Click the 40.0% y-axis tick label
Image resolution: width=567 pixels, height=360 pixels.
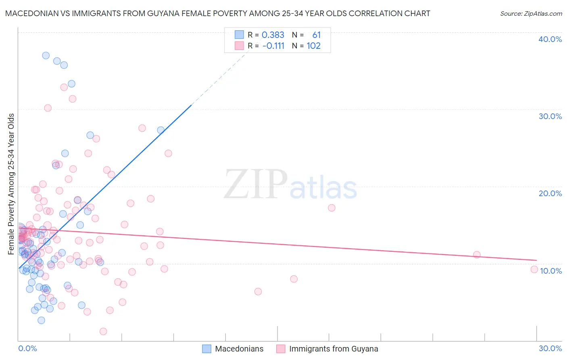[x=550, y=39]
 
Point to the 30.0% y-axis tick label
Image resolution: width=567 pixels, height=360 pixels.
[x=550, y=116]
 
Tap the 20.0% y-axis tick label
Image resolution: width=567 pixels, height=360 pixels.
[x=550, y=193]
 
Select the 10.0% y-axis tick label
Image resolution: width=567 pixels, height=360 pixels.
[x=551, y=271]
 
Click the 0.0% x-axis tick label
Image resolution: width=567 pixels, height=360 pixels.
[x=27, y=348]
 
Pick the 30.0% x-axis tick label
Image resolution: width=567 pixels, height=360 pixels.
[x=550, y=348]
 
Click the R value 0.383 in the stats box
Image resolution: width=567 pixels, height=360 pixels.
[x=273, y=35]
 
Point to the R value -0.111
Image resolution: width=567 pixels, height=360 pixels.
[x=273, y=46]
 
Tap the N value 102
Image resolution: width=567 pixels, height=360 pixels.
[x=313, y=46]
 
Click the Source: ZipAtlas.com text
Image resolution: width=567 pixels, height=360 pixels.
[x=531, y=14]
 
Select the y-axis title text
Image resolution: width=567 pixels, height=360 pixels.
[x=11, y=184]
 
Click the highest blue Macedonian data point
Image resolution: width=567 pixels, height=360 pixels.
[x=46, y=55]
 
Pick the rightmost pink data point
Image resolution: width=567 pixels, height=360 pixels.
[x=534, y=269]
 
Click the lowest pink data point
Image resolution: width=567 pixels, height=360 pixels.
[x=103, y=331]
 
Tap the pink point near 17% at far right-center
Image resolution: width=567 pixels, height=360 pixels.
[x=331, y=208]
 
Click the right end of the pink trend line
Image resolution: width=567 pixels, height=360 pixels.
[x=536, y=260]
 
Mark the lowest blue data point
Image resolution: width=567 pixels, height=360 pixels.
[x=41, y=320]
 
